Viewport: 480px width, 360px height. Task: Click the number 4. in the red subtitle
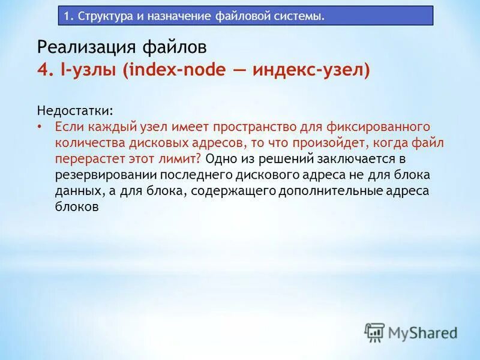(45, 70)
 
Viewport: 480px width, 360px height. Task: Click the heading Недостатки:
(74, 111)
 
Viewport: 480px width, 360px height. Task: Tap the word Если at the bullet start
(69, 127)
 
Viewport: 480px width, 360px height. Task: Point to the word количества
(87, 143)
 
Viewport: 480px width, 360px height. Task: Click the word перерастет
(86, 158)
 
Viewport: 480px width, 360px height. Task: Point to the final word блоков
(76, 206)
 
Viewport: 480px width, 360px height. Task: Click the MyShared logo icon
(374, 332)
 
